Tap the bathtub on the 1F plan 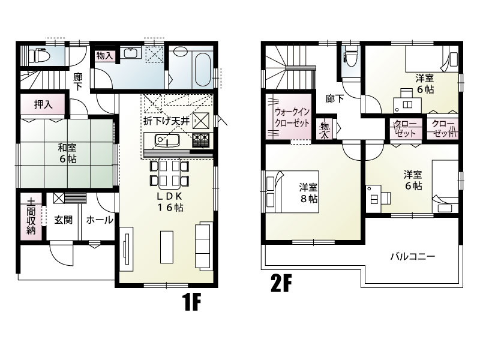[202, 70]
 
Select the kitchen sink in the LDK [166, 140]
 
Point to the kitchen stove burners [200, 140]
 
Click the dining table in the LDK [169, 173]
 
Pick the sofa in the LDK [203, 245]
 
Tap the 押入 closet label [43, 104]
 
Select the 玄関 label [64, 220]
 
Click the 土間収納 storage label [31, 216]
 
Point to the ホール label [100, 220]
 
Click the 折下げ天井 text [167, 121]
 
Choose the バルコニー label [413, 256]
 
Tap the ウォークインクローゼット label [292, 118]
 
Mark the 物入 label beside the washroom [105, 56]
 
